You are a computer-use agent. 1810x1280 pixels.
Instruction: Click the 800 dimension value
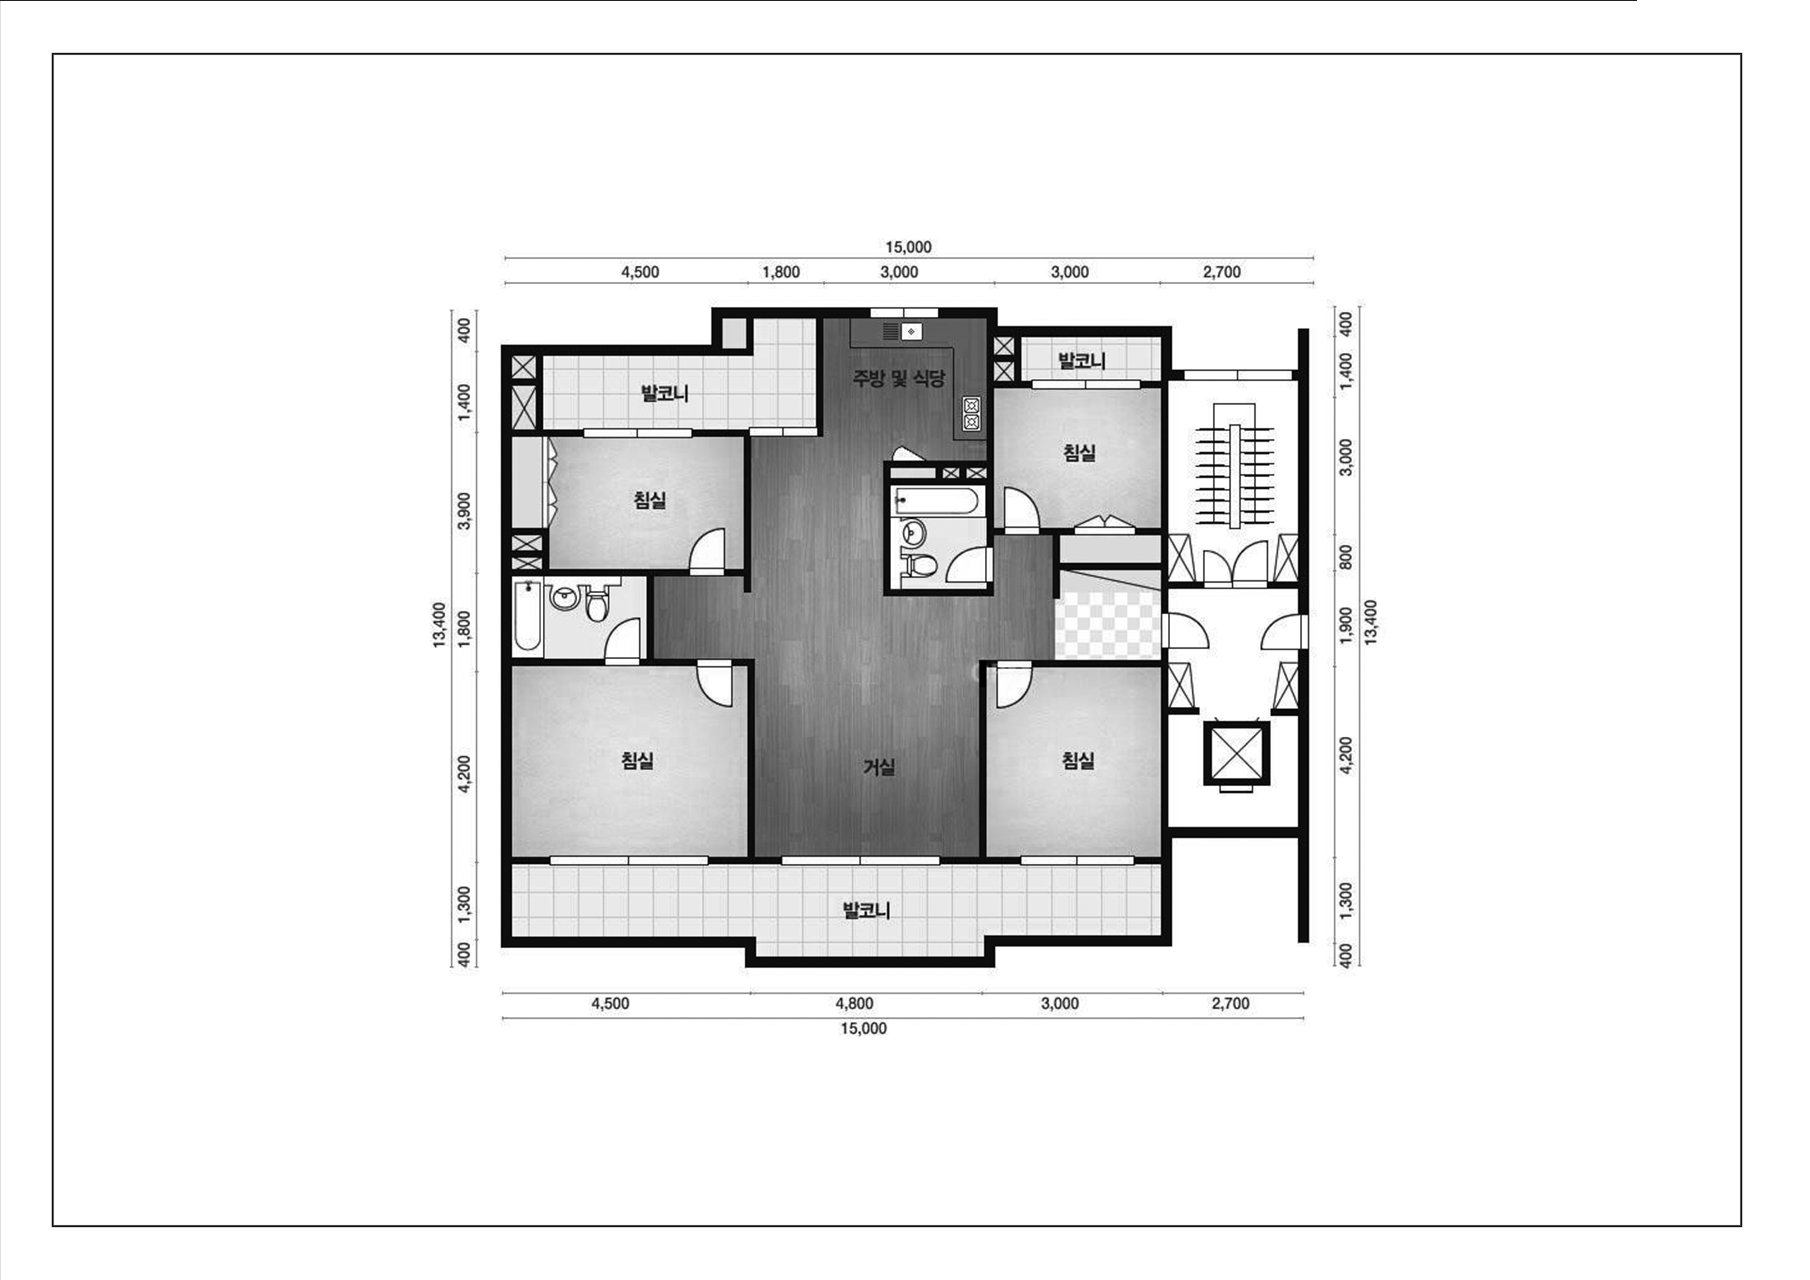coord(1346,557)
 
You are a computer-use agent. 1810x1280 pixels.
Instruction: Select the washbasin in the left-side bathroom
coord(565,597)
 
